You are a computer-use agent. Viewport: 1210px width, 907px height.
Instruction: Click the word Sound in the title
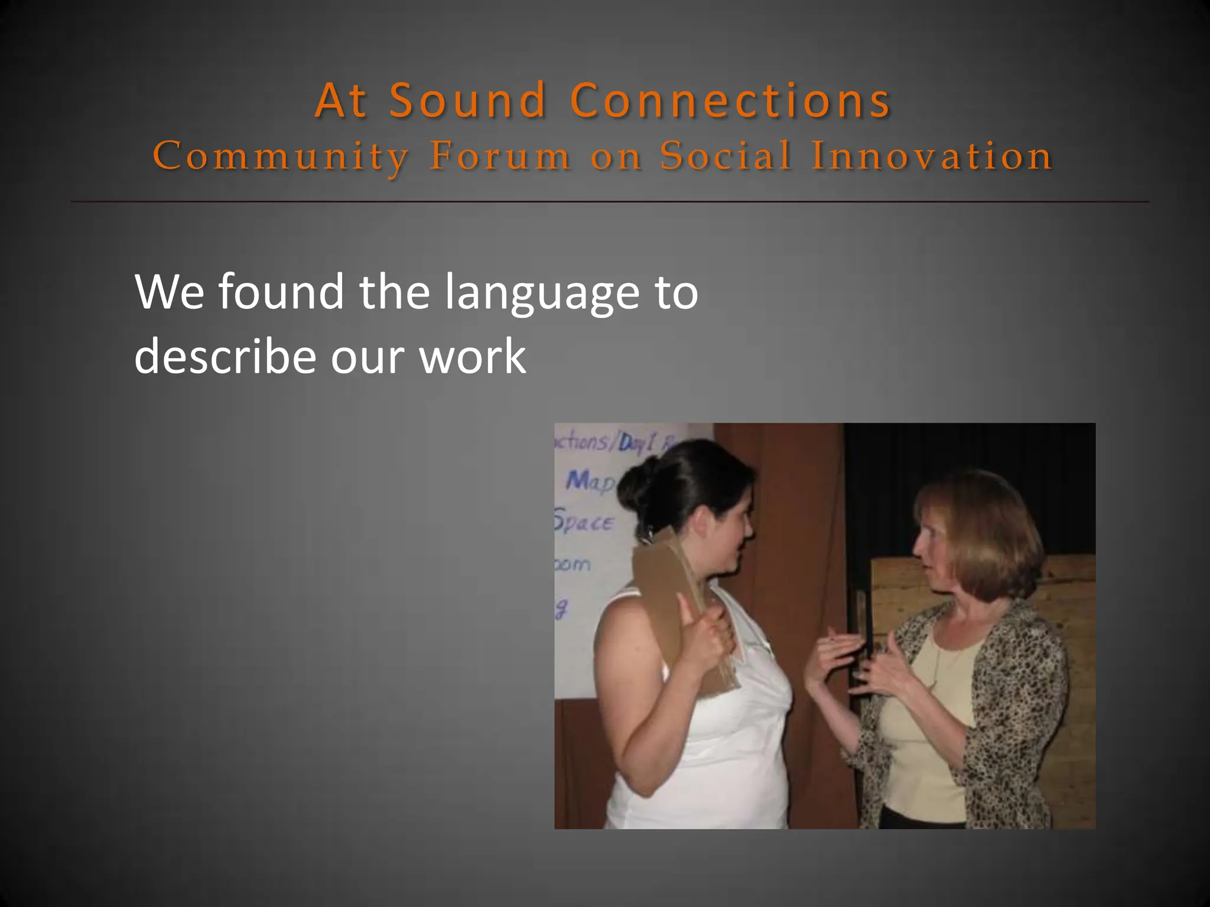[467, 100]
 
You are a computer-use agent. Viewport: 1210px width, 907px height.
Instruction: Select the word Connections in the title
[730, 100]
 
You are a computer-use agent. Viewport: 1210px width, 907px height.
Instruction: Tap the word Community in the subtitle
[281, 157]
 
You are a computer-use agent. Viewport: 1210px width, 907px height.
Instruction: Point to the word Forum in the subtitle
[500, 156]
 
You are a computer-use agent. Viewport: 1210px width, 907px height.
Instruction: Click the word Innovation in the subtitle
[932, 156]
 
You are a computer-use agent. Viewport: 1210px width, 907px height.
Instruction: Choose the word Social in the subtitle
[726, 156]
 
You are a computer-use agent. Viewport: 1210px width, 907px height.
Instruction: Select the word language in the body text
[542, 292]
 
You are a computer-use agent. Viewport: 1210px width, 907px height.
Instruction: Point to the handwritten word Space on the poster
[584, 522]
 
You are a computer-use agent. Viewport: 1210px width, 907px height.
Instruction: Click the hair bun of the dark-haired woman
[636, 484]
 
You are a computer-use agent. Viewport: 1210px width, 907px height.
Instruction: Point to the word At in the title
[341, 100]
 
